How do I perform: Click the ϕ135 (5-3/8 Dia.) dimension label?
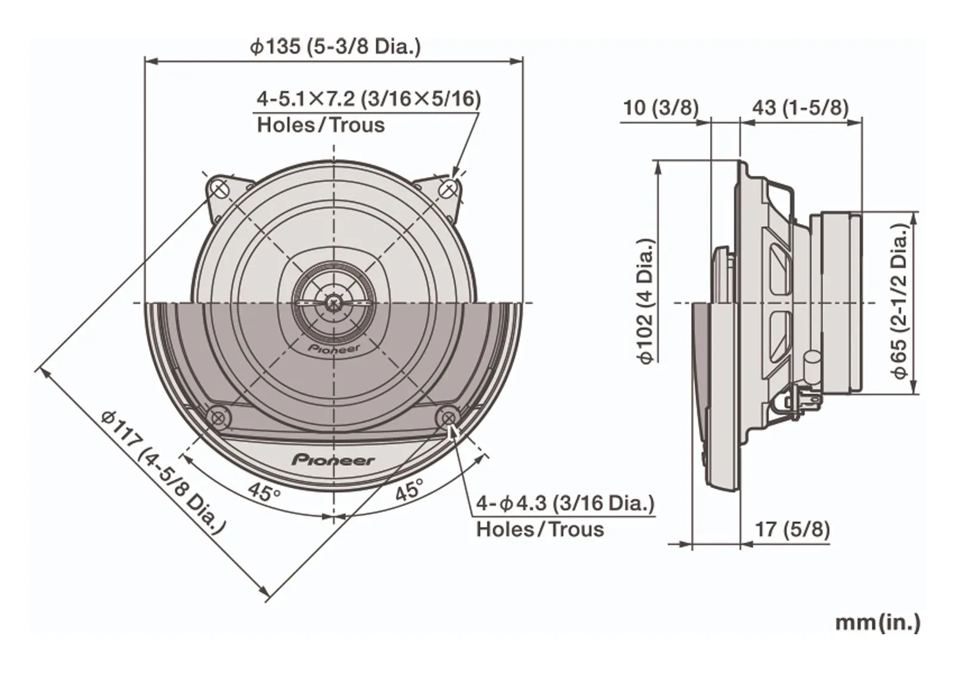(x=335, y=46)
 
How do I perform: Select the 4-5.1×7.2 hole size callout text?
(x=368, y=99)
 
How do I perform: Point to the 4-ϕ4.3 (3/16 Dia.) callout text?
(x=565, y=504)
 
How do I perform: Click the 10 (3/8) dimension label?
(x=661, y=107)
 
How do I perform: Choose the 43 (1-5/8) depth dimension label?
(x=801, y=107)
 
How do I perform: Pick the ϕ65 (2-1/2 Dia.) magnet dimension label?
(x=900, y=300)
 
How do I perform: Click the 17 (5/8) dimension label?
(x=792, y=529)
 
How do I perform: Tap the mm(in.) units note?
(x=877, y=623)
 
